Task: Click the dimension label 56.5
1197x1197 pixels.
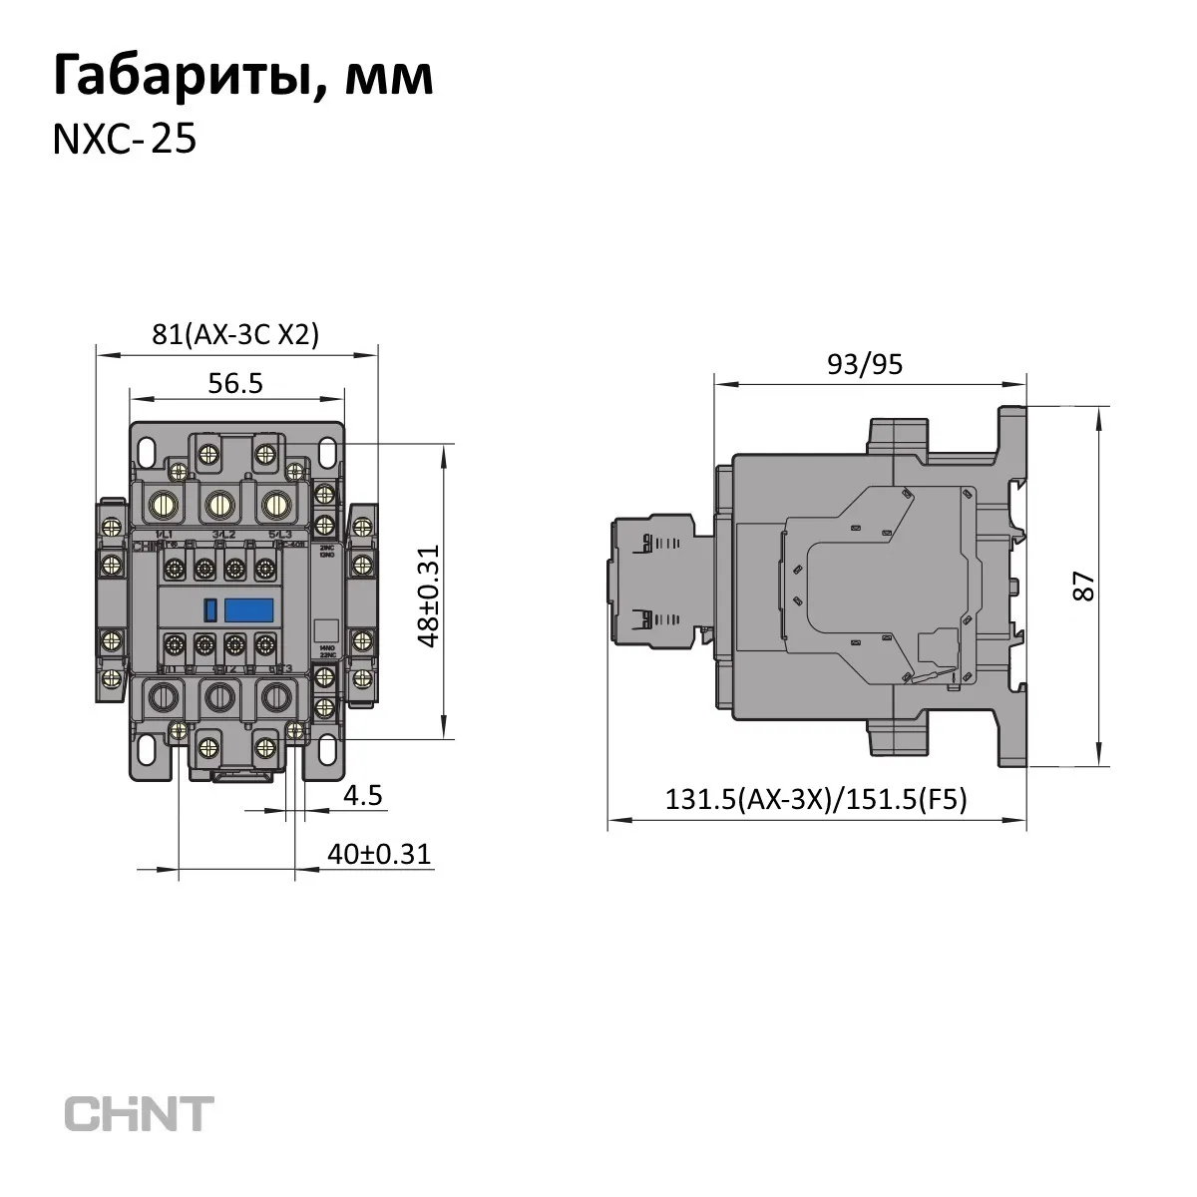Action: point(235,384)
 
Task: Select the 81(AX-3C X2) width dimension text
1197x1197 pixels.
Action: point(235,335)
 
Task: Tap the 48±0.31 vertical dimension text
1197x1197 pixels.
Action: point(430,597)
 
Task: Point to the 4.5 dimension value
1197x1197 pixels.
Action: point(362,795)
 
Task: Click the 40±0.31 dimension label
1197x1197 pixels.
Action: point(378,854)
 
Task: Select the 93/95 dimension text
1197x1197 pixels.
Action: point(865,363)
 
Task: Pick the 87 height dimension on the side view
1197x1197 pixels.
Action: point(1084,585)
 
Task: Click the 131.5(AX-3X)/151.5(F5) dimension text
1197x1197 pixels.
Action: point(817,801)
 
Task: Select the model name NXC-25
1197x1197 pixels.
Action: point(123,141)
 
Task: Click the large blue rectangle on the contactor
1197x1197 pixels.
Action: point(249,607)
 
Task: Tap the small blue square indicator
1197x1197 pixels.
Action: point(210,608)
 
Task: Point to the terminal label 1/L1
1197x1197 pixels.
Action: point(166,536)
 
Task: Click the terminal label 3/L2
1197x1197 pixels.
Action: point(221,536)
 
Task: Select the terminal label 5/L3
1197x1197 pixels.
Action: point(278,536)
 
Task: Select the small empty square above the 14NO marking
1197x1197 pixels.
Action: point(322,628)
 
